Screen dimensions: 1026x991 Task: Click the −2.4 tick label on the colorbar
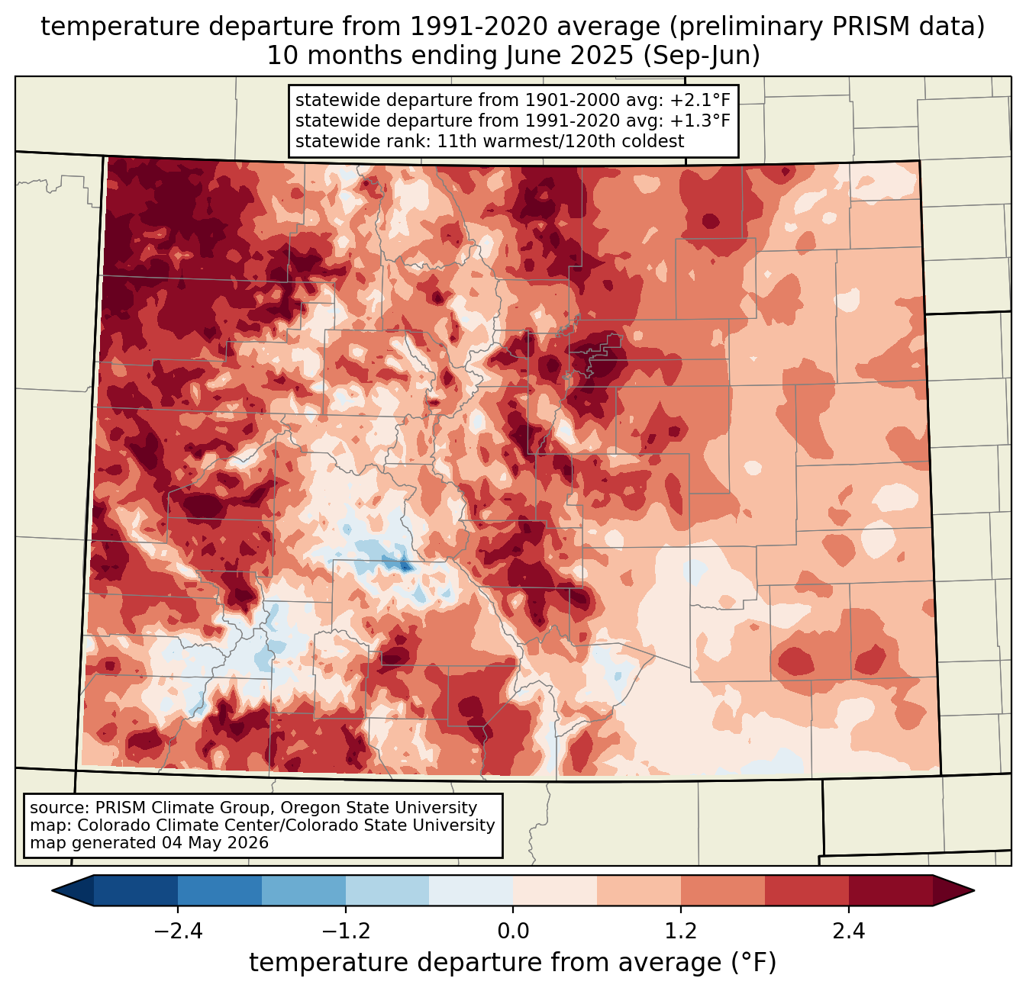[178, 931]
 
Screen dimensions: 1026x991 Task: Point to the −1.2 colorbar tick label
[346, 931]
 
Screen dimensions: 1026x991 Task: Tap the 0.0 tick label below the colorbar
[513, 931]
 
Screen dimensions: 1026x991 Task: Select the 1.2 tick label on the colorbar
[681, 931]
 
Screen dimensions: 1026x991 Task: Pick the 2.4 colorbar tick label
[849, 931]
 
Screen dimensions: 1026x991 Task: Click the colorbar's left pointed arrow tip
[52, 891]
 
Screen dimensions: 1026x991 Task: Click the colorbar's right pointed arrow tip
[974, 891]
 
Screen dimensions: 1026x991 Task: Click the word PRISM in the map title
[860, 27]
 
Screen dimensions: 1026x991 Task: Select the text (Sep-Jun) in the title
[702, 56]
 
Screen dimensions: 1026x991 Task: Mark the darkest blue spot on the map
[405, 566]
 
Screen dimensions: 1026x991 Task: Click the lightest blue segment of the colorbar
[471, 891]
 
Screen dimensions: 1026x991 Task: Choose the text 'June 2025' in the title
[569, 56]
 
